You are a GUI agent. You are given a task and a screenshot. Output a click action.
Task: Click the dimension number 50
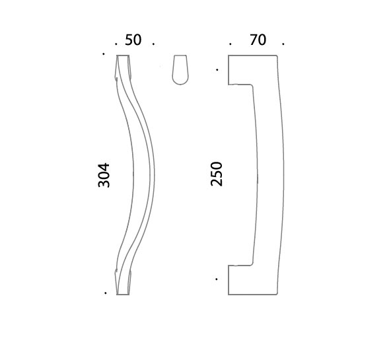click(x=133, y=40)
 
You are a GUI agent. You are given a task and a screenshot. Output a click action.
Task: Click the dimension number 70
click(x=258, y=40)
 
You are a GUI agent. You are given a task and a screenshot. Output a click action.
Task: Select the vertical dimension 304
click(x=104, y=175)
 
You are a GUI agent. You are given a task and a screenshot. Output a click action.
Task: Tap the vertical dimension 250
click(x=216, y=174)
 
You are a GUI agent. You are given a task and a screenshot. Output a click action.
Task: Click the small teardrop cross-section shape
click(x=180, y=70)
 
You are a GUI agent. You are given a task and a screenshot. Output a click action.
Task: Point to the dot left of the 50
click(x=116, y=44)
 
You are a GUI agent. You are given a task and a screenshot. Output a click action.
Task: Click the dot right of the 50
click(x=153, y=44)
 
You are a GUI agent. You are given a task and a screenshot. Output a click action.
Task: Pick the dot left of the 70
click(x=230, y=44)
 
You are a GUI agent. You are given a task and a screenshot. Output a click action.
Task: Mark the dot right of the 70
click(x=283, y=44)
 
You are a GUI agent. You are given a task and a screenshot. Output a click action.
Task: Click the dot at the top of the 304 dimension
click(x=104, y=54)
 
